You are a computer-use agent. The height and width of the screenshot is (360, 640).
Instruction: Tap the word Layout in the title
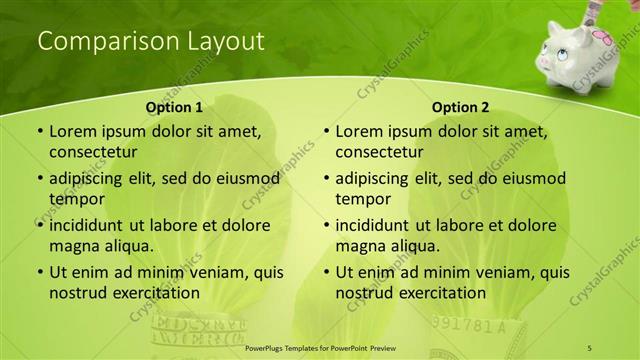pos(225,42)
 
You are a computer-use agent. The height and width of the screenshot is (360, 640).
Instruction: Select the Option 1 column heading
pos(174,107)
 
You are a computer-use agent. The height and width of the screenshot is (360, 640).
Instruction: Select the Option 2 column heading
pos(461,107)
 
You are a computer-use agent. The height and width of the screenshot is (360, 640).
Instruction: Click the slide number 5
pos(590,347)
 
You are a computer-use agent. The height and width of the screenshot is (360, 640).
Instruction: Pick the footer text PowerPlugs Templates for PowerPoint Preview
pos(319,347)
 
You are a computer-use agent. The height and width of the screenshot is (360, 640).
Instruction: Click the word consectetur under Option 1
pos(93,152)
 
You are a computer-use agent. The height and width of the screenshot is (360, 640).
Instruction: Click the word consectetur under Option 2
pos(380,152)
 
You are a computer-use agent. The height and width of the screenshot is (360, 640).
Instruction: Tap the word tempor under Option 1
pos(73,199)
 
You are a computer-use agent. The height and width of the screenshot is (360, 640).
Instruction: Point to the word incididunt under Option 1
pos(93,226)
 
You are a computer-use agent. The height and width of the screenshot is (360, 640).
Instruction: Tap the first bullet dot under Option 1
pos(40,132)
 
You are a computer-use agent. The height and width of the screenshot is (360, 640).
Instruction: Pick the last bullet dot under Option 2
pos(326,273)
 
